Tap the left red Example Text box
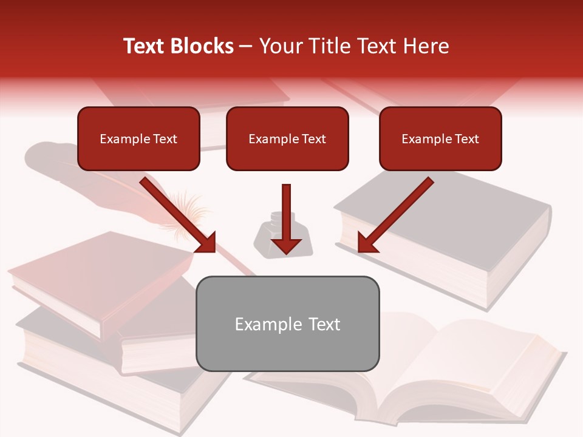pyautogui.click(x=138, y=138)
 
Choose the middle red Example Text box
pyautogui.click(x=287, y=138)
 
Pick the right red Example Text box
pyautogui.click(x=440, y=138)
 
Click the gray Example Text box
pyautogui.click(x=287, y=324)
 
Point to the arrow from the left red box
pyautogui.click(x=179, y=215)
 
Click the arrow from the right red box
pyautogui.click(x=395, y=215)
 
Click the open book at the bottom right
pyautogui.click(x=425, y=370)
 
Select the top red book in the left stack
pyautogui.click(x=97, y=273)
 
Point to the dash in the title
pyautogui.click(x=246, y=46)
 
